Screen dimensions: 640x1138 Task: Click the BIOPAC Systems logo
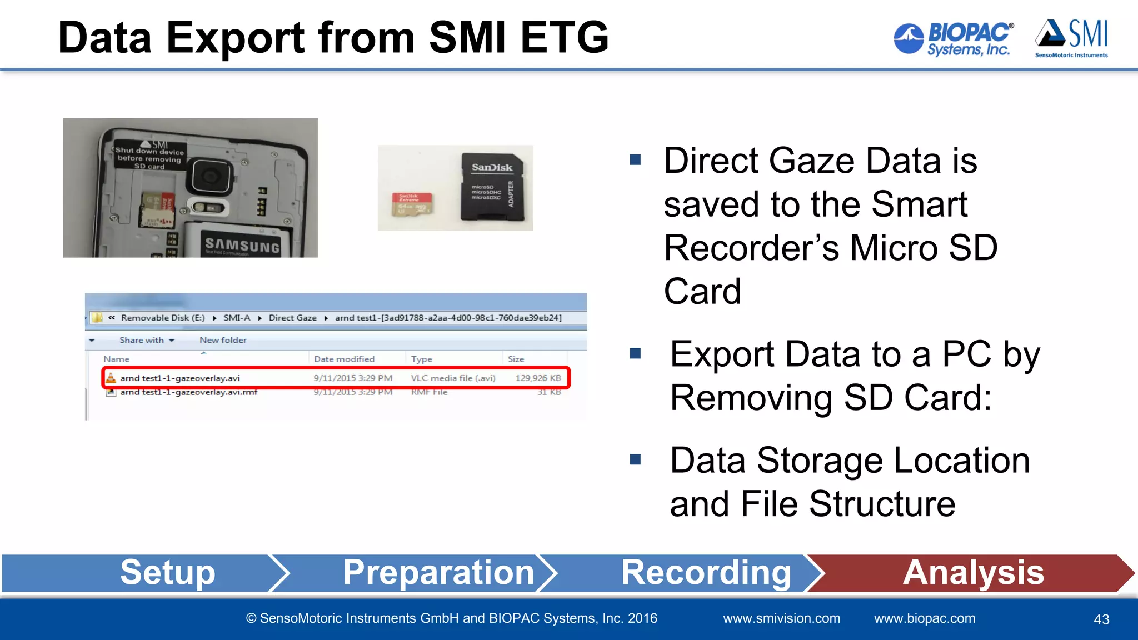pyautogui.click(x=954, y=39)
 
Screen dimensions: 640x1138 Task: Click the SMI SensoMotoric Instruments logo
pyautogui.click(x=1071, y=38)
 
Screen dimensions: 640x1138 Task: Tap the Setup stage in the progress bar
pyautogui.click(x=167, y=572)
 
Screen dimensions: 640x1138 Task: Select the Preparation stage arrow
pyautogui.click(x=438, y=572)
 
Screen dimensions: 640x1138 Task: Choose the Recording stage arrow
pyautogui.click(x=706, y=572)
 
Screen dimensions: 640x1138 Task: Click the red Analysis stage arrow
pyautogui.click(x=973, y=572)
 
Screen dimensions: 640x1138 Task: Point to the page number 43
pyautogui.click(x=1101, y=619)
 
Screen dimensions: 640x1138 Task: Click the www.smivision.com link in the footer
pyautogui.click(x=781, y=618)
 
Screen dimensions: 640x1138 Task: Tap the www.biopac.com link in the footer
pyautogui.click(x=924, y=618)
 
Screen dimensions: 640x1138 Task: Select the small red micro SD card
pyautogui.click(x=412, y=204)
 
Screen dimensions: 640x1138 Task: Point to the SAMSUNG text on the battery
pyautogui.click(x=242, y=245)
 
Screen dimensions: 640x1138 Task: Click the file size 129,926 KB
pyautogui.click(x=538, y=378)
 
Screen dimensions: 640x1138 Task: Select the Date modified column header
pyautogui.click(x=344, y=359)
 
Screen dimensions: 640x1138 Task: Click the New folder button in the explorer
pyautogui.click(x=223, y=340)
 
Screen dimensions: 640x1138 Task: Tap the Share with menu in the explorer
pyautogui.click(x=146, y=340)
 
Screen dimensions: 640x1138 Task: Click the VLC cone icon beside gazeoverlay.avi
pyautogui.click(x=111, y=378)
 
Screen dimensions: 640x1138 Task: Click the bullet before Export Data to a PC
pyautogui.click(x=636, y=353)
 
